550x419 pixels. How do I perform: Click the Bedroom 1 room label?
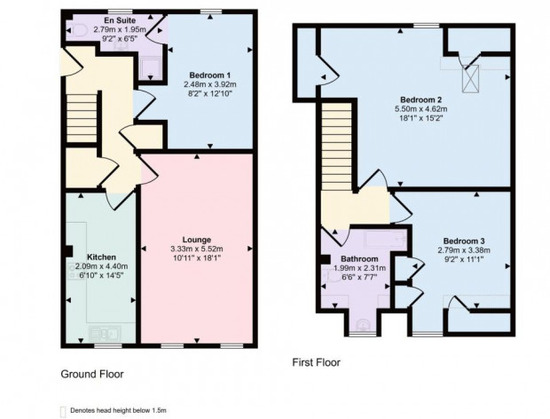(209, 75)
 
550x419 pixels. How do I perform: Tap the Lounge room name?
(197, 240)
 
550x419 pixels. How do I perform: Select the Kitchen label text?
(101, 257)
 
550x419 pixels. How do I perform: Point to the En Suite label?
(120, 20)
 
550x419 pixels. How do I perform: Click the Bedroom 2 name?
(420, 99)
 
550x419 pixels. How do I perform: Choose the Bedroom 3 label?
(464, 241)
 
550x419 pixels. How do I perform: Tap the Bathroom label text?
(359, 259)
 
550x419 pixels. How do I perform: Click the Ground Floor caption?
(92, 374)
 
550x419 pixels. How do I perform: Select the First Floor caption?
(317, 362)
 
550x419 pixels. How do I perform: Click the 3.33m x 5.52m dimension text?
(197, 249)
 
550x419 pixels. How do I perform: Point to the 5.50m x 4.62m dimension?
(420, 109)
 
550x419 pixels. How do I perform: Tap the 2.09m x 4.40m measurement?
(101, 266)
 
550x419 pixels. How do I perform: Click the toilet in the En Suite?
(78, 30)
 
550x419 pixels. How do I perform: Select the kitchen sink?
(106, 334)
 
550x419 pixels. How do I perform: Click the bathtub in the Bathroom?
(386, 241)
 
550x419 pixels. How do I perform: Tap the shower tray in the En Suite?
(151, 69)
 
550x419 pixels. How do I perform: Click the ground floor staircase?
(82, 118)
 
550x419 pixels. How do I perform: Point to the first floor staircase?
(337, 146)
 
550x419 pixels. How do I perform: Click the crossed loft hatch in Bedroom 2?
(470, 79)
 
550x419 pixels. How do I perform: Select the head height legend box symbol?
(63, 411)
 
